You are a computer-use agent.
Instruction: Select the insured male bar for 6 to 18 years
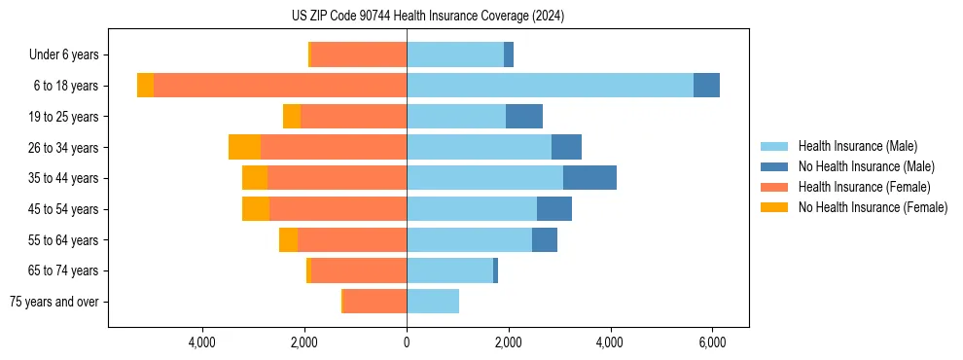click(550, 86)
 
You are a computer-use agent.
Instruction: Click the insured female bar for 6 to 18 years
click(280, 86)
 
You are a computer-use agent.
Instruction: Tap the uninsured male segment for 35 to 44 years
click(589, 178)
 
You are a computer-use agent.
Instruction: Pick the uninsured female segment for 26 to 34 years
click(244, 147)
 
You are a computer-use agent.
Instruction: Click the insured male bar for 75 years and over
click(433, 302)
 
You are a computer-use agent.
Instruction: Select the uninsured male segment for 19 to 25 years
click(524, 117)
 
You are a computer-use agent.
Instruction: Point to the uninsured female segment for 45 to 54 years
click(256, 209)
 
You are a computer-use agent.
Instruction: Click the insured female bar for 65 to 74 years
click(359, 270)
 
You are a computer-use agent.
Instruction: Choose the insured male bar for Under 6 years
click(455, 54)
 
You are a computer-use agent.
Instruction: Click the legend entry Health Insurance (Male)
click(857, 146)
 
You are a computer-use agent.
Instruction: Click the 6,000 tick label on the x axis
click(712, 342)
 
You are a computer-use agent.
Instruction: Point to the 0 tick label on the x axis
click(407, 342)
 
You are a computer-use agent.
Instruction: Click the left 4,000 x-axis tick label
click(202, 342)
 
